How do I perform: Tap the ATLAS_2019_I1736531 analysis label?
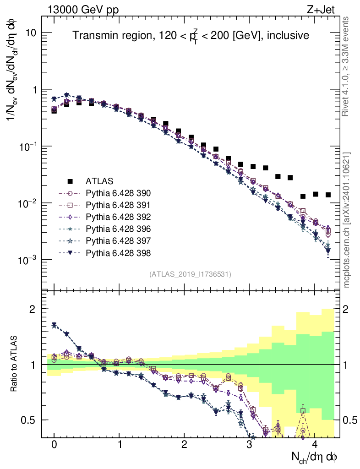(190, 274)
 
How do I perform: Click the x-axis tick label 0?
(54, 445)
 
